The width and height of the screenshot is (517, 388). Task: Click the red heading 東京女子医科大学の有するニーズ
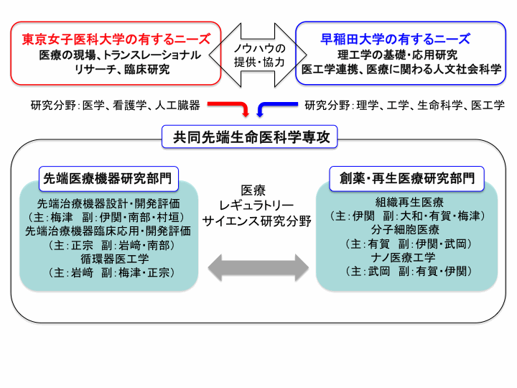tap(116, 40)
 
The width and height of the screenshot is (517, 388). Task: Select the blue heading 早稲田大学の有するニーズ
tap(396, 40)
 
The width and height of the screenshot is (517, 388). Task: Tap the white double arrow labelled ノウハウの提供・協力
tap(258, 55)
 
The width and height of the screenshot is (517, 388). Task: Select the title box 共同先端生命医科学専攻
tap(250, 137)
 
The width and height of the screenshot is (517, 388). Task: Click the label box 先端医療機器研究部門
tap(108, 179)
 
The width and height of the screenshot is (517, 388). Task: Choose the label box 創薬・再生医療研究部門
tap(407, 179)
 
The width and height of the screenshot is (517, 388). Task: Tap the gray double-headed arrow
tap(258, 268)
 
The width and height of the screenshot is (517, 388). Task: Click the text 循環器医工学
tap(115, 259)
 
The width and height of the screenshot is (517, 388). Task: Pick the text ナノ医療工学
tap(403, 257)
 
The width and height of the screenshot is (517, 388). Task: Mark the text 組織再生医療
tap(409, 202)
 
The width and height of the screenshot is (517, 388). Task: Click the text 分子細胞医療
tap(405, 230)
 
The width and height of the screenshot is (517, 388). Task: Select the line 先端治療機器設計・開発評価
tap(108, 203)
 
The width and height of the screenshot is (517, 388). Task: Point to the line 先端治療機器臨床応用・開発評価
tap(108, 231)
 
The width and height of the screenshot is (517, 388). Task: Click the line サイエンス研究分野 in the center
tap(257, 221)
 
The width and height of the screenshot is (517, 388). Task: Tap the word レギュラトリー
tap(256, 206)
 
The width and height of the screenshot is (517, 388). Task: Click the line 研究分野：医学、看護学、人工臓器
tap(116, 105)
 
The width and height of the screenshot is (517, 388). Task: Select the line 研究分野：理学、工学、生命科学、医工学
tap(404, 105)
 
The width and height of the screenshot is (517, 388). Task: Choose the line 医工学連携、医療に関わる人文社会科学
tap(401, 70)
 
